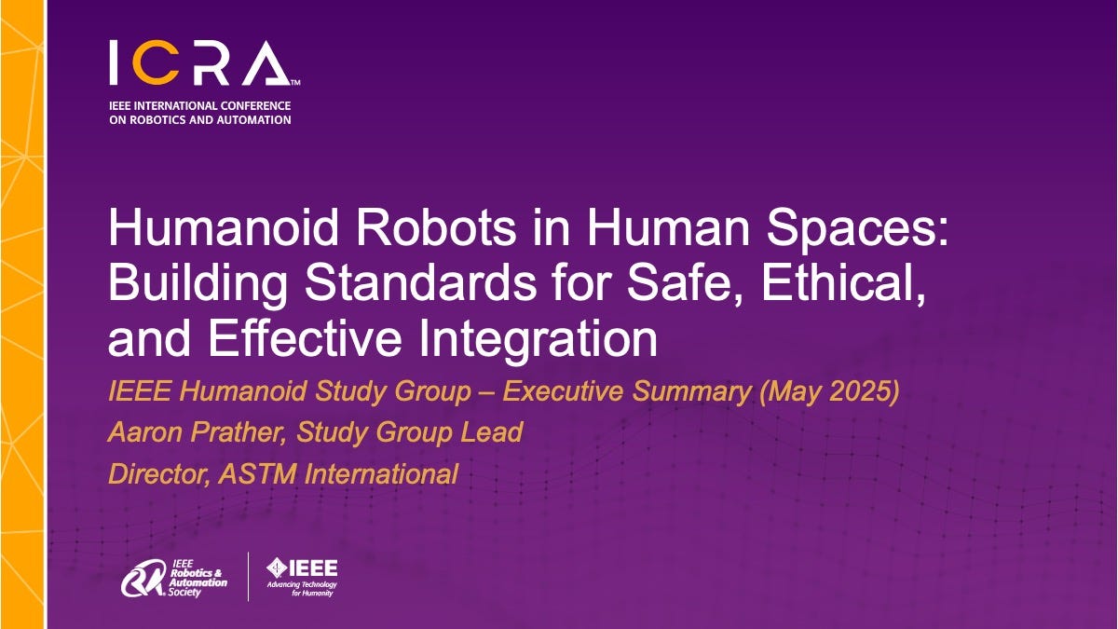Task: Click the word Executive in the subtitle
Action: (x=567, y=392)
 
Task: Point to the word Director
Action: (x=158, y=474)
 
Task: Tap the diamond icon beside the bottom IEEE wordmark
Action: (x=277, y=567)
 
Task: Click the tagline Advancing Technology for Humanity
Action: (x=302, y=589)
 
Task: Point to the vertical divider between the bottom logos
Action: (x=248, y=576)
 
